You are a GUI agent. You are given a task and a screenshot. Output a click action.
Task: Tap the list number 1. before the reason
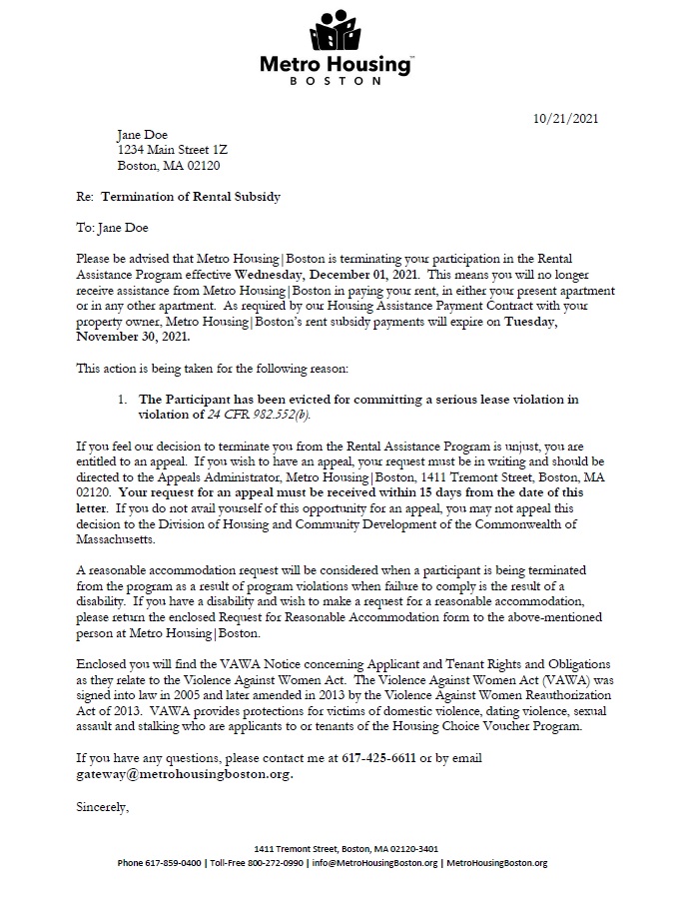[122, 400]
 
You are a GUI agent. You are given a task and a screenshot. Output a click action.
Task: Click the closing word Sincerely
[103, 805]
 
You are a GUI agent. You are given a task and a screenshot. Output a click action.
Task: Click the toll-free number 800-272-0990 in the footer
[278, 862]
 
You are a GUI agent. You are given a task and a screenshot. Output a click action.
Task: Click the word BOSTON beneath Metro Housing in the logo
[335, 81]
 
